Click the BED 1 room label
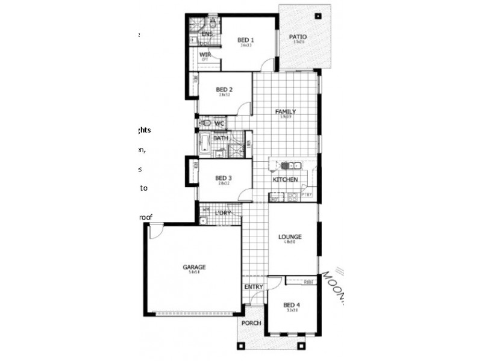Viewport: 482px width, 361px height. tap(246, 40)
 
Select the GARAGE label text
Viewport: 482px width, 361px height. tap(194, 267)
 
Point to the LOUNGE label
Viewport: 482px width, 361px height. tap(290, 236)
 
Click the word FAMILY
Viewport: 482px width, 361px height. tap(286, 112)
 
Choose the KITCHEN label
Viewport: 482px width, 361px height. tap(285, 180)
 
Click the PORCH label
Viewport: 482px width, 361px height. tap(251, 323)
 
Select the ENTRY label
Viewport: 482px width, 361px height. tap(254, 287)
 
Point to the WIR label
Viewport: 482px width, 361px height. tap(205, 54)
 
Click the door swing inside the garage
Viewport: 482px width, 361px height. tap(155, 231)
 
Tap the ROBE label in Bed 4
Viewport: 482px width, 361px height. tap(308, 282)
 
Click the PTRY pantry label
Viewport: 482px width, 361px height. tap(306, 196)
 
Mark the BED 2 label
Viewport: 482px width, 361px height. tap(224, 90)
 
